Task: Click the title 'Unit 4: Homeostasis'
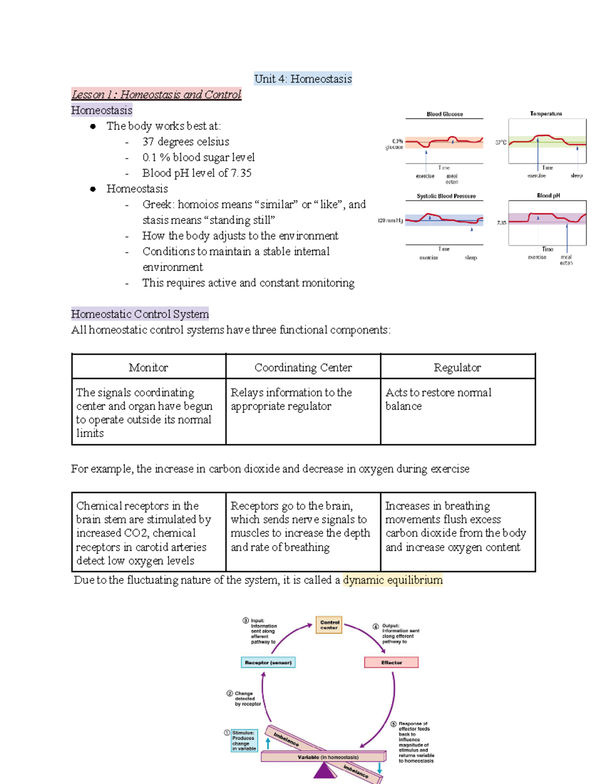point(303,79)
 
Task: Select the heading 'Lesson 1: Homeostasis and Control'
point(156,94)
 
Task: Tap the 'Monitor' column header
point(148,368)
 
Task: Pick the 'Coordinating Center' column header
point(303,368)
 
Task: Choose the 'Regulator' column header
point(457,368)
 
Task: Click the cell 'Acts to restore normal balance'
point(438,399)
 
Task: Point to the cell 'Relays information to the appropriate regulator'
point(291,399)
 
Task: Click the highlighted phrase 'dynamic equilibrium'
point(392,580)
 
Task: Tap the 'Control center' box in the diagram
point(329,625)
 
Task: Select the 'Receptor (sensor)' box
point(268,662)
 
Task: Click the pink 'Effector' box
point(391,662)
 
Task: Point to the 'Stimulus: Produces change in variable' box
point(244,741)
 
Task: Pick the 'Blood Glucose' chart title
point(444,114)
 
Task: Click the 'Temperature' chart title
point(546,114)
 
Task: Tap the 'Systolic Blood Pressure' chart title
point(446,196)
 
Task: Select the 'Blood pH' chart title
point(548,195)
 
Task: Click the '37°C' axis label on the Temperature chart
point(500,143)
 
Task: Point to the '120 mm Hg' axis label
point(390,221)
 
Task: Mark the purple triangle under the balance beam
point(325,771)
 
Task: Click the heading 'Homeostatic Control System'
point(140,314)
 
